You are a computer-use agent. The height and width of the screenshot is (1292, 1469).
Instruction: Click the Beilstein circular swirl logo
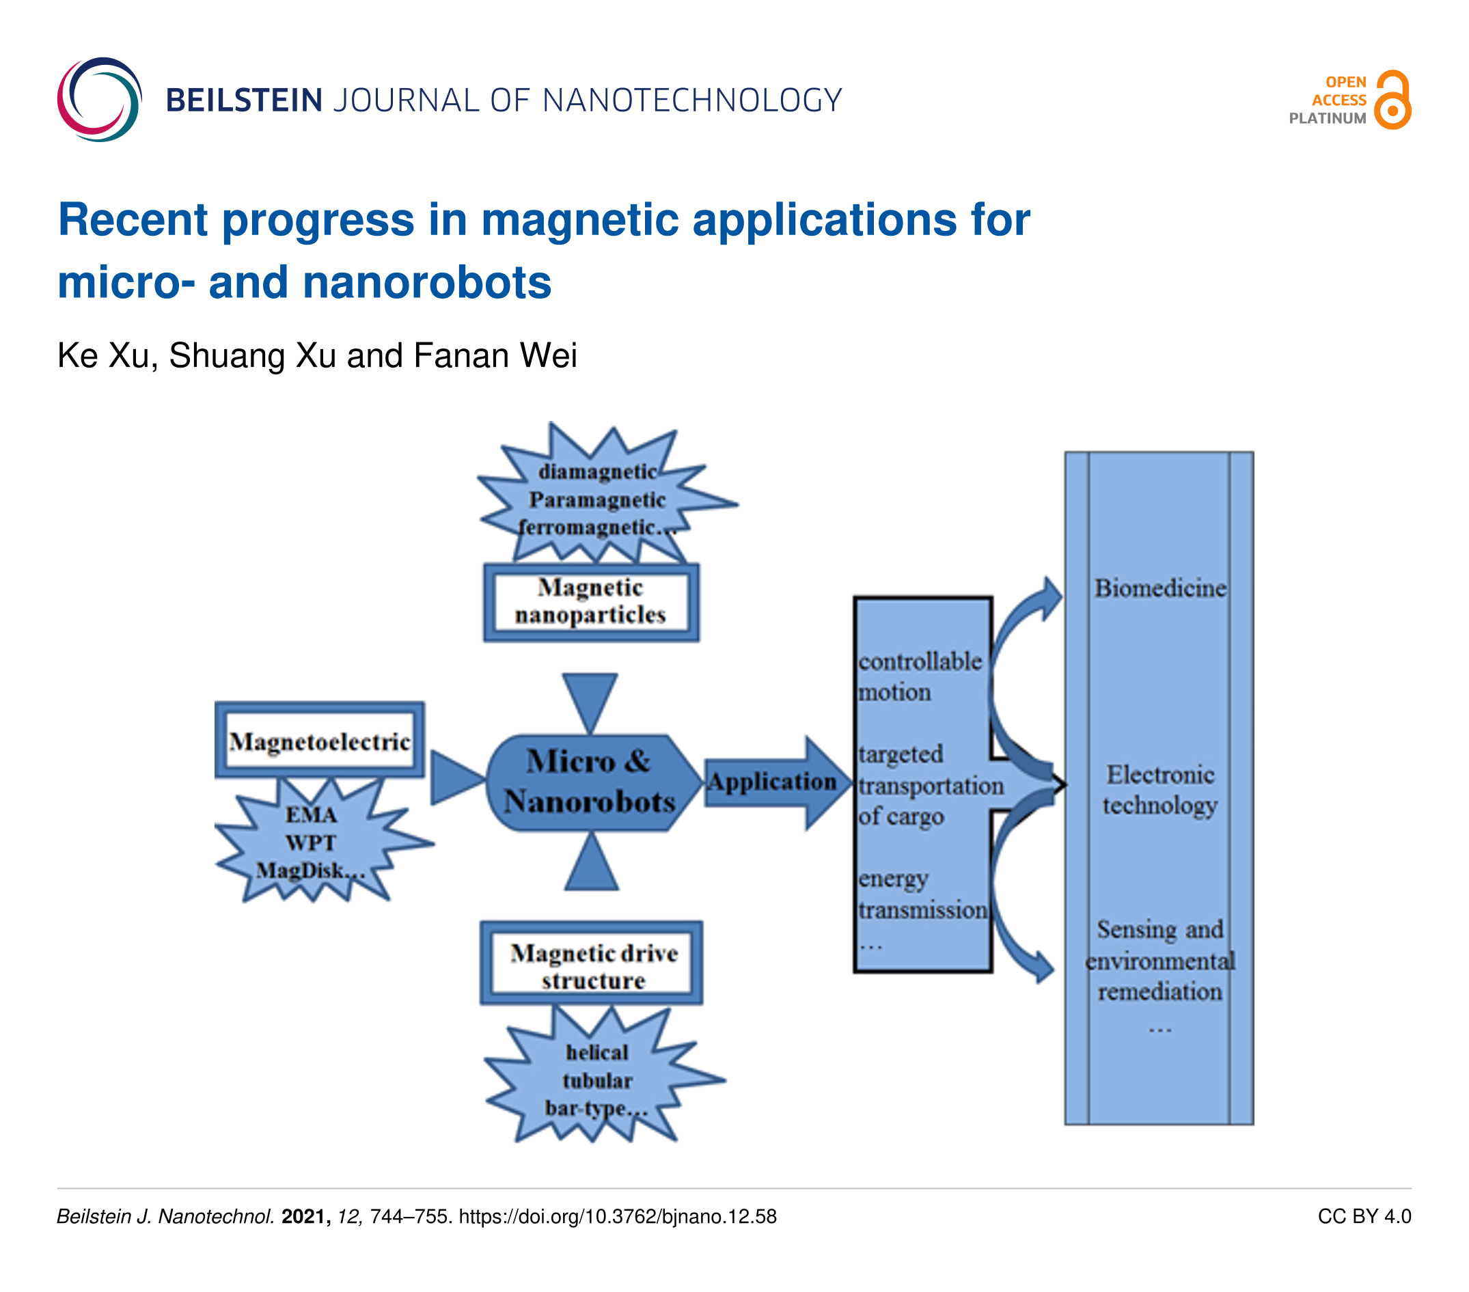pyautogui.click(x=99, y=100)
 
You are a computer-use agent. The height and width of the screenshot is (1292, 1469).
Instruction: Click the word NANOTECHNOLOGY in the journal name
pyautogui.click(x=691, y=100)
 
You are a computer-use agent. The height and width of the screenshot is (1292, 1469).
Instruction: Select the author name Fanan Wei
pyautogui.click(x=495, y=356)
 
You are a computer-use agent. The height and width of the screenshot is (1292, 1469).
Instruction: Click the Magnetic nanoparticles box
pyautogui.click(x=591, y=602)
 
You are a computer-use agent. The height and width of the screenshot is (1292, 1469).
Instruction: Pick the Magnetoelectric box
pyautogui.click(x=319, y=741)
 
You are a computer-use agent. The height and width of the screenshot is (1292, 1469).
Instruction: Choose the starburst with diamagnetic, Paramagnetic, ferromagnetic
pyautogui.click(x=598, y=499)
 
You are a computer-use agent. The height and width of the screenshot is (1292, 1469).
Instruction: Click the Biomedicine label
pyautogui.click(x=1160, y=588)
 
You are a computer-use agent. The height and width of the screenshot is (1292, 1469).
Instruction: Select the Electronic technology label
pyautogui.click(x=1160, y=791)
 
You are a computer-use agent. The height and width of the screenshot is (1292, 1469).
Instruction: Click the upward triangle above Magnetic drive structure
pyautogui.click(x=592, y=865)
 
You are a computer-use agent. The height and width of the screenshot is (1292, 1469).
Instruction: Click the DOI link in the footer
pyautogui.click(x=618, y=1217)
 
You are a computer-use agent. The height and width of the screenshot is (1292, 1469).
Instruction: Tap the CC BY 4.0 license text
pyautogui.click(x=1364, y=1217)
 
